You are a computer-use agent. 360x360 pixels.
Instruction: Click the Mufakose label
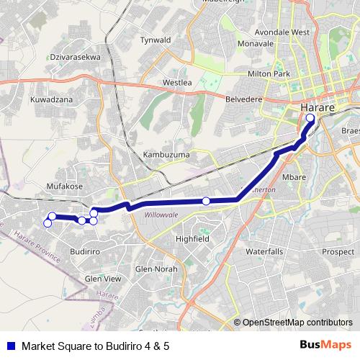click(65, 186)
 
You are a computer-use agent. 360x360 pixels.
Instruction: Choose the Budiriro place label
click(85, 251)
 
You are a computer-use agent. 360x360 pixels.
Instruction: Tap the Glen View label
click(103, 279)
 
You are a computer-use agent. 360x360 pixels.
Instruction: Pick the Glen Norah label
click(156, 269)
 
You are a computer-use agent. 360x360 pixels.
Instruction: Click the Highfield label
click(192, 238)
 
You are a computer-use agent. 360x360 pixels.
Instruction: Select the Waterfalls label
click(265, 252)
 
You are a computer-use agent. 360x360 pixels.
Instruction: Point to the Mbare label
click(294, 176)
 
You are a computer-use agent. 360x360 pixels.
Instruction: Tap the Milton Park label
click(288, 74)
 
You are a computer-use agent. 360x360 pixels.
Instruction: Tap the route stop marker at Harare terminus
click(310, 118)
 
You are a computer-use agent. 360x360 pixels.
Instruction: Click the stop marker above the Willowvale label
click(206, 201)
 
